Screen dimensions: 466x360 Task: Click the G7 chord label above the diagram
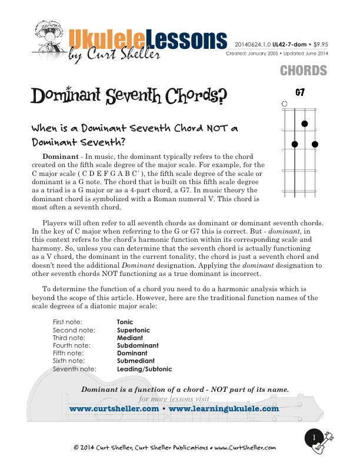coord(300,92)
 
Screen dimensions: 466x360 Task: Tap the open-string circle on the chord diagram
coord(285,104)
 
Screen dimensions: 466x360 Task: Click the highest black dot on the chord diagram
coord(305,124)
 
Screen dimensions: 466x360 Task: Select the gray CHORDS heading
coord(303,71)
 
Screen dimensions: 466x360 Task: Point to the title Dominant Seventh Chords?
coord(129,96)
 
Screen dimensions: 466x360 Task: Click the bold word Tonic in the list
coord(125,322)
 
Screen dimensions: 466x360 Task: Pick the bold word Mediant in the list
coord(129,338)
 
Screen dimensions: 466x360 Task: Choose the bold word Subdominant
coord(138,346)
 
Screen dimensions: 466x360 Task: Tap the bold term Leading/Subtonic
coord(144,369)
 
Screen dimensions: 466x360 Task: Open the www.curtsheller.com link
coord(114,408)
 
